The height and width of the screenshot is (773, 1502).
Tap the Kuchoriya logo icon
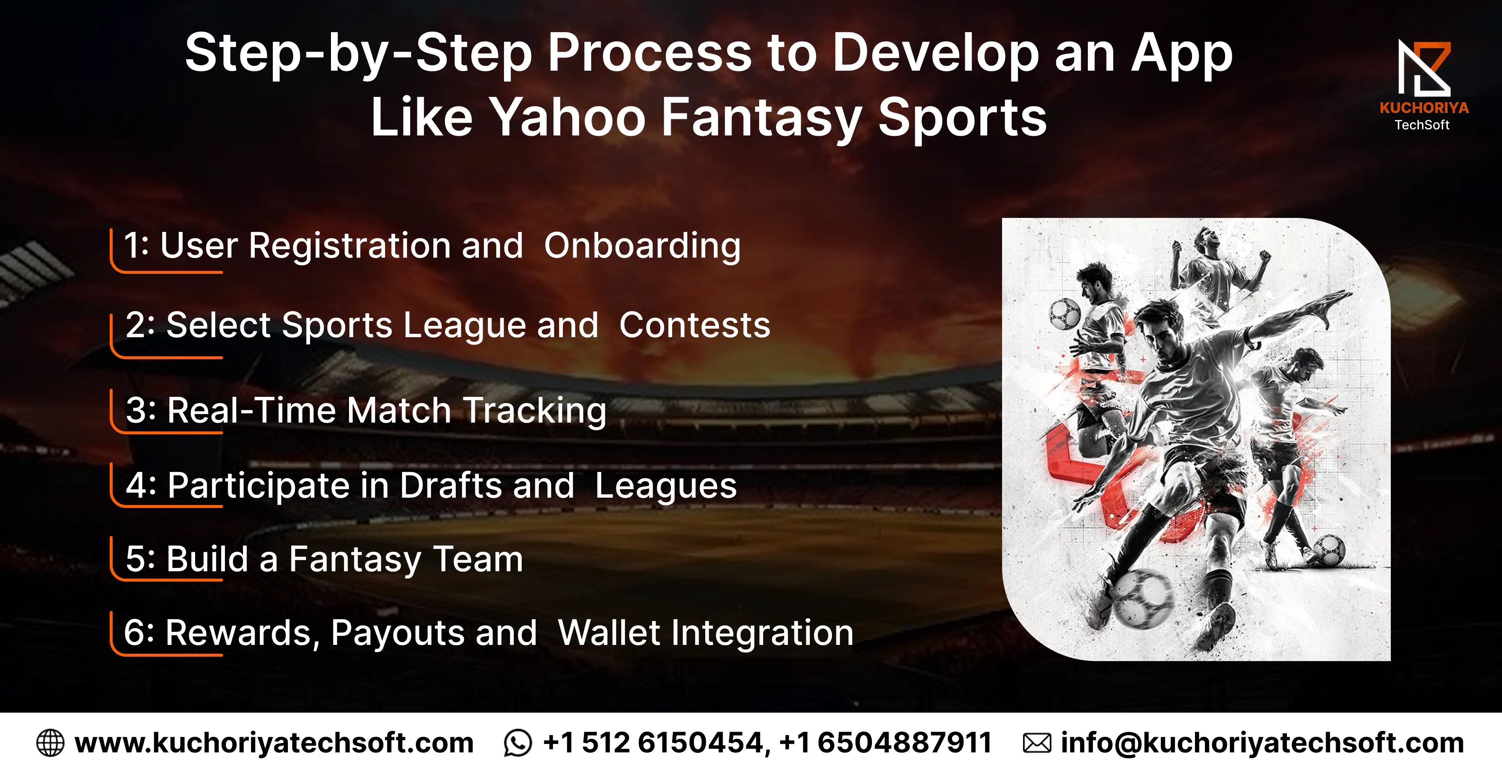pyautogui.click(x=1424, y=68)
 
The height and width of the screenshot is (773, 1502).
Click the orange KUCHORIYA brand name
pyautogui.click(x=1424, y=108)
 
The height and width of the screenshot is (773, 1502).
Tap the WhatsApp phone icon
pyautogui.click(x=518, y=743)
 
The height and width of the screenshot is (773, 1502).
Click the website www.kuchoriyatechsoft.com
pyautogui.click(x=274, y=743)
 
